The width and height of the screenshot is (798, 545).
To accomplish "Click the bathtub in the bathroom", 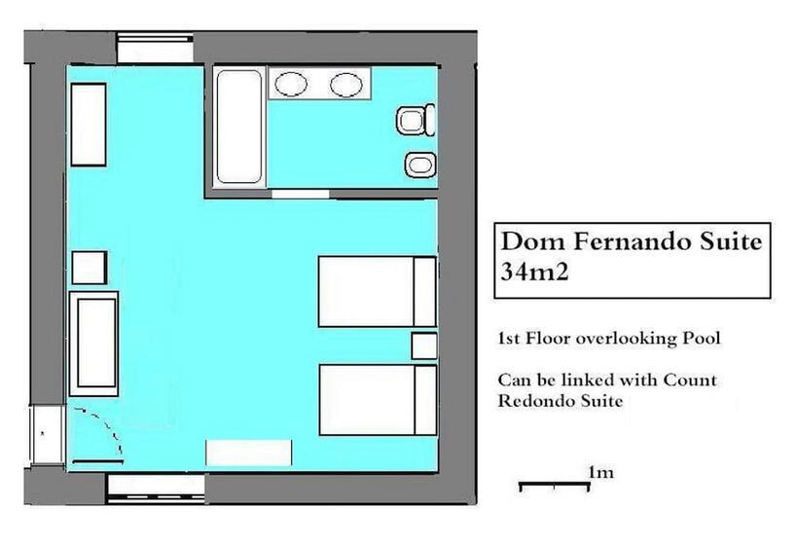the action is coord(239,127).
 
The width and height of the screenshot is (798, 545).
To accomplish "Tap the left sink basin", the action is coord(291,84).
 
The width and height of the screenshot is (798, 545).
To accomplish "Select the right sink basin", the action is coord(346,84).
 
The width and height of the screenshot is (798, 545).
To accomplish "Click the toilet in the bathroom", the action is coord(416,121).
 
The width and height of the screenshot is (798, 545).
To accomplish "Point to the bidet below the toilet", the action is coord(420,164).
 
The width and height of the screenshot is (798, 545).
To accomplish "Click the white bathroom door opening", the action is coord(301,194).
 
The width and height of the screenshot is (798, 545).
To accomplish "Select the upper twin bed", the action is coord(378,292).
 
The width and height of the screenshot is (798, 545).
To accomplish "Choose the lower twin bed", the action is coord(378,399).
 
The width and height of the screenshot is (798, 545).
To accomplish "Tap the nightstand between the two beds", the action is coord(424,345).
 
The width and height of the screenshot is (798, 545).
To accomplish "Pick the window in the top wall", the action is coord(155,49).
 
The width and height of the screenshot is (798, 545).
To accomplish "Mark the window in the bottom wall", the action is coord(157,489).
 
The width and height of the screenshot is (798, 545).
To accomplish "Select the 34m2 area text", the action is coord(534,272).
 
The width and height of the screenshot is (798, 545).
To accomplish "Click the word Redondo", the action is coord(531,401).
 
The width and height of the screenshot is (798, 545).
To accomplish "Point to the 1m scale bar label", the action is coord(600,473).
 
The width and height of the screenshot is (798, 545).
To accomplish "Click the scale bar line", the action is coord(555,483).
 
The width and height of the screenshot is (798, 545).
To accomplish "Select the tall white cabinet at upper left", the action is coord(89,125).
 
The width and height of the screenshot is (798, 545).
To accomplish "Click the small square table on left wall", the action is coord(90,268).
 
